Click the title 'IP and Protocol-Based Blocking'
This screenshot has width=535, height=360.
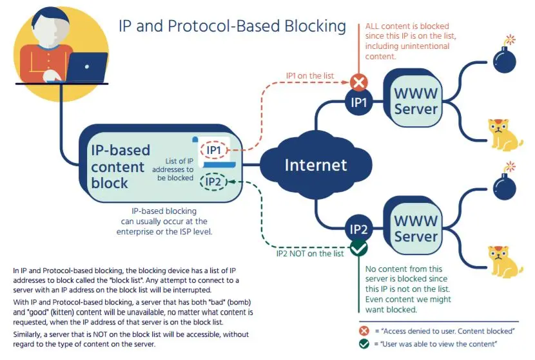pyautogui.click(x=232, y=26)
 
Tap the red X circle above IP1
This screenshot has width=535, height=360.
pyautogui.click(x=358, y=82)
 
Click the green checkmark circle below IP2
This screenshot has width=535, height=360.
pyautogui.click(x=358, y=248)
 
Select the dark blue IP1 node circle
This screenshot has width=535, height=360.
pyautogui.click(x=358, y=102)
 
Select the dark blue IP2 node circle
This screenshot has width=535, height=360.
pyautogui.click(x=358, y=229)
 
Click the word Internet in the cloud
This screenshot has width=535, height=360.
pyautogui.click(x=316, y=165)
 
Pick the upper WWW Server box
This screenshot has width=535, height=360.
pyautogui.click(x=416, y=101)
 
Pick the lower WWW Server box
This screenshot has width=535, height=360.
pyautogui.click(x=416, y=228)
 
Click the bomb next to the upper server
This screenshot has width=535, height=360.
pyautogui.click(x=504, y=57)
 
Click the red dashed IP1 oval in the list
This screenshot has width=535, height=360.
pyautogui.click(x=214, y=150)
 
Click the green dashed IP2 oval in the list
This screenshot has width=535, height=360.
pyautogui.click(x=214, y=182)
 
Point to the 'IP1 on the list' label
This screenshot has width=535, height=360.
pyautogui.click(x=310, y=75)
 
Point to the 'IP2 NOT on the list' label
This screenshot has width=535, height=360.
pyautogui.click(x=306, y=253)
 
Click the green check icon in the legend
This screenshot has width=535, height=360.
pyautogui.click(x=364, y=345)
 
